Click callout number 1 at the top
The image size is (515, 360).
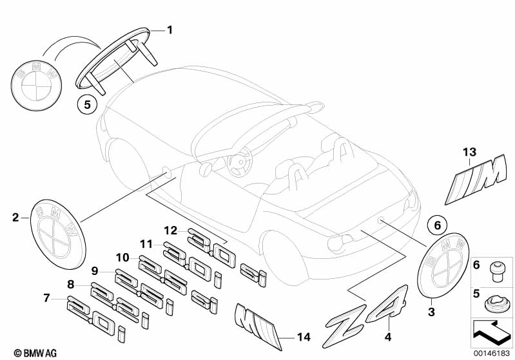[170, 30]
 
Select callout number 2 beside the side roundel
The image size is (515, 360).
[15, 217]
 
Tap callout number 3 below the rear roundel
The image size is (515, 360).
[431, 312]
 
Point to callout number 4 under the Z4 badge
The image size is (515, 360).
[388, 337]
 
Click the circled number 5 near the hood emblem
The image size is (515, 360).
[87, 105]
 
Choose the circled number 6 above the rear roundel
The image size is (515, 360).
[438, 225]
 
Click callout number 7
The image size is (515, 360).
[46, 298]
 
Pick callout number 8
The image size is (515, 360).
[71, 284]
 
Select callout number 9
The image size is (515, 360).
[95, 270]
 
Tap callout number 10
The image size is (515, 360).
[122, 258]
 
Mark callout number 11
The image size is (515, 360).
[146, 244]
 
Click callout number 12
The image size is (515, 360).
[170, 231]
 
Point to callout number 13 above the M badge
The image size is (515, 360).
[469, 152]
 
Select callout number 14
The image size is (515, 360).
[304, 337]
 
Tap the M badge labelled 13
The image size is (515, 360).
[476, 180]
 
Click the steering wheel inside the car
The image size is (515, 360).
[239, 162]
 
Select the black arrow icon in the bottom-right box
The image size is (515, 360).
[491, 334]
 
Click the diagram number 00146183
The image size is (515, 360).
[492, 353]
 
